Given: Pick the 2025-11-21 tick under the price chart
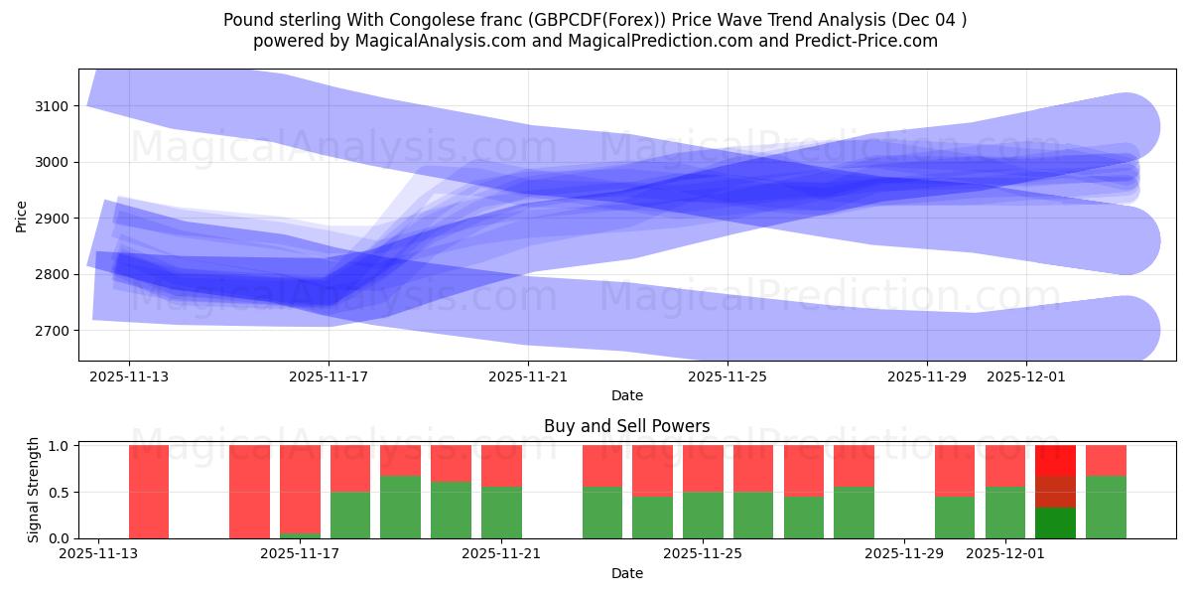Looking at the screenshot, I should click(x=528, y=376).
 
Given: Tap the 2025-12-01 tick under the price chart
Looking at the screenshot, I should click(x=1026, y=376).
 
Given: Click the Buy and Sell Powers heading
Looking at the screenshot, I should click(x=626, y=426).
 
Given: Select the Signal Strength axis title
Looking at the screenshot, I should click(x=33, y=490).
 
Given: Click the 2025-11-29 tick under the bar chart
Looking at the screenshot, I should click(x=904, y=554).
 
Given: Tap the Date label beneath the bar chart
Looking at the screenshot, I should click(x=626, y=573).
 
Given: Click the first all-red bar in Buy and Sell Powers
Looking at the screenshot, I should click(x=149, y=492).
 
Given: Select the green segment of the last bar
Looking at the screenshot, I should click(x=1106, y=508).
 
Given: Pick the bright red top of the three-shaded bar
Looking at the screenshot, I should click(x=1055, y=460).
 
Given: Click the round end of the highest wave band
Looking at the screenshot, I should click(x=1125, y=127).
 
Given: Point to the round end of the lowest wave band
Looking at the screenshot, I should click(x=1125, y=330).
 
